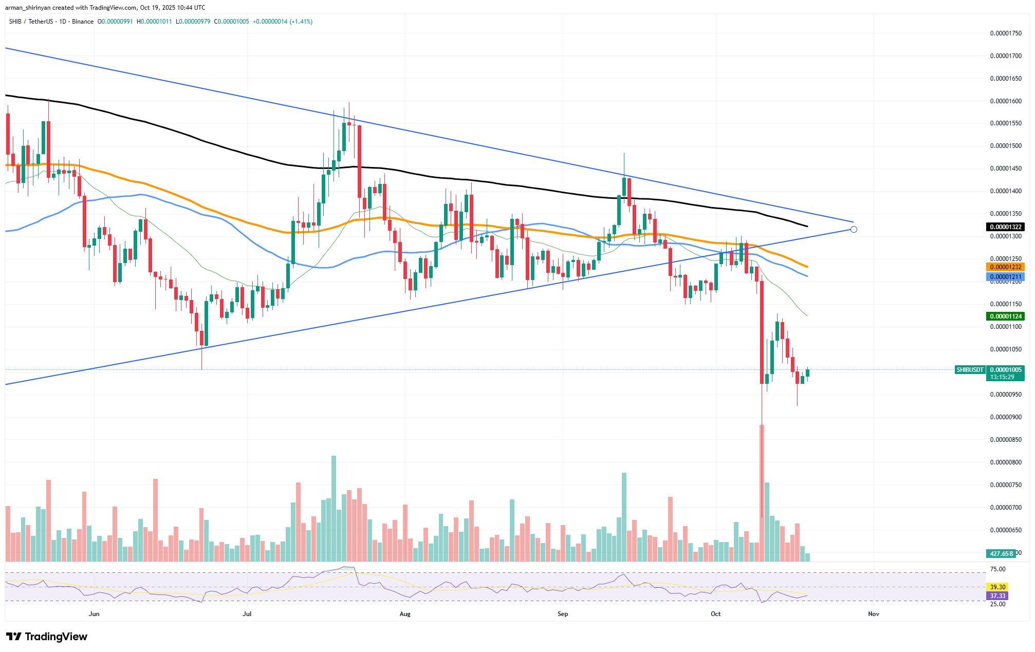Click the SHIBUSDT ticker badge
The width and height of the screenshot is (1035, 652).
(970, 369)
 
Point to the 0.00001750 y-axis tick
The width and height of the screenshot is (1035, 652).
(1006, 33)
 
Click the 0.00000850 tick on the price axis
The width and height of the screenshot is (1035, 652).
(1006, 440)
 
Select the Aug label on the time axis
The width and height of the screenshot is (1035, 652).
(405, 614)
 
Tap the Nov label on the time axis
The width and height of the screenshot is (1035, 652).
(873, 614)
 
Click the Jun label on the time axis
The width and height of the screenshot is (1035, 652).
(94, 614)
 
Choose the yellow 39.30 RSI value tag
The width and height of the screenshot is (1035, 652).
(997, 587)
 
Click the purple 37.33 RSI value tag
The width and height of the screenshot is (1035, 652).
(997, 595)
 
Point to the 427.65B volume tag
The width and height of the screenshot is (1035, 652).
(1001, 553)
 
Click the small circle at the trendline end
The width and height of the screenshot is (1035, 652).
(854, 229)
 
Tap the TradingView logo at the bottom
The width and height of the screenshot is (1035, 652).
(47, 637)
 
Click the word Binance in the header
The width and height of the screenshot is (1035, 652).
(83, 22)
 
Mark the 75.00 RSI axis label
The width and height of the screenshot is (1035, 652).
(997, 569)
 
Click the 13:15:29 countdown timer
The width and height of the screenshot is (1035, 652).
(1002, 377)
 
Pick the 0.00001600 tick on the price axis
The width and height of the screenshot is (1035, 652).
(1006, 101)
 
